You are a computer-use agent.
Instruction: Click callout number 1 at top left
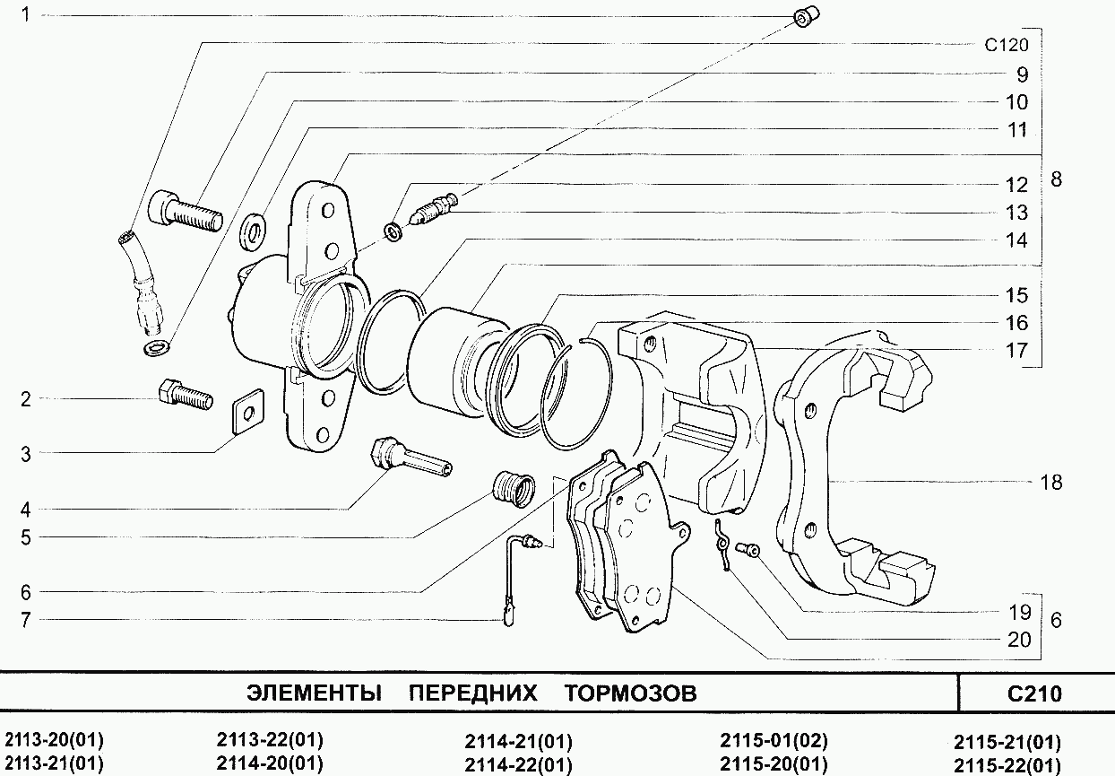click(x=26, y=15)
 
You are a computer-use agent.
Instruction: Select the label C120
click(x=1006, y=46)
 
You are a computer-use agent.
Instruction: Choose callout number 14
click(x=1016, y=240)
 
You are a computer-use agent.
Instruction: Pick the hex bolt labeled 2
click(x=184, y=395)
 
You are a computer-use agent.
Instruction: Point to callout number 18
click(x=1051, y=482)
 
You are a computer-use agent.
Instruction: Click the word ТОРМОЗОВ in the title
click(x=631, y=693)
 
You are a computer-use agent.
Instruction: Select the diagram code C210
click(x=1034, y=693)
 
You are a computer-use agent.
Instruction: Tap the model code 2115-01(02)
click(x=774, y=741)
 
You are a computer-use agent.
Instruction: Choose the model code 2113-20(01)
click(x=55, y=740)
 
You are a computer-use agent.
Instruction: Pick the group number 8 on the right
click(x=1056, y=179)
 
